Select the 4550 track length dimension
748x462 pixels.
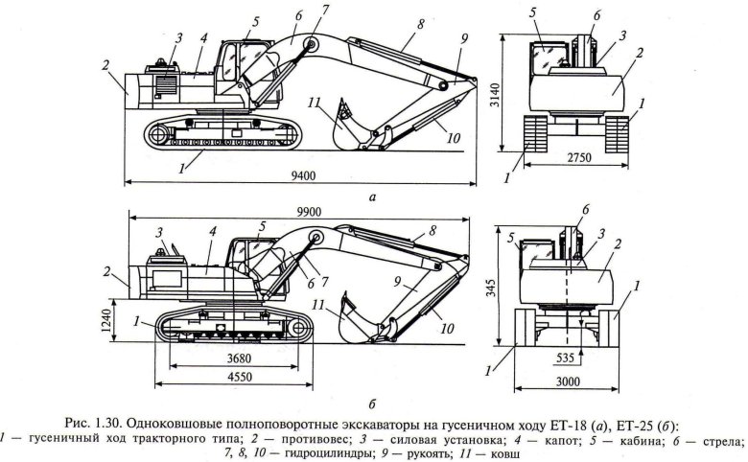[x=230, y=379]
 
